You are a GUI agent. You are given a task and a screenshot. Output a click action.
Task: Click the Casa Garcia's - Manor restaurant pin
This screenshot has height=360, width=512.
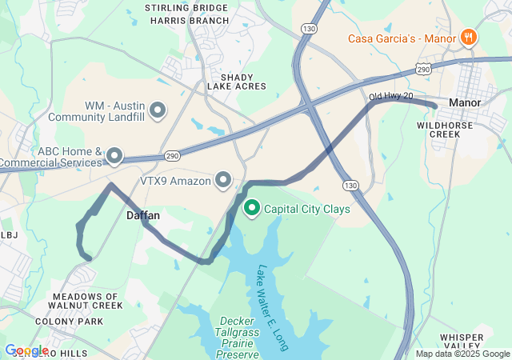(x=469, y=38)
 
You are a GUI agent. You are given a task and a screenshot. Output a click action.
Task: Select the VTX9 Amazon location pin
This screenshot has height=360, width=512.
(x=224, y=181)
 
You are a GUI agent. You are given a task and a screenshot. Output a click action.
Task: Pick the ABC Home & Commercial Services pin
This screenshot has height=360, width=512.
(x=114, y=156)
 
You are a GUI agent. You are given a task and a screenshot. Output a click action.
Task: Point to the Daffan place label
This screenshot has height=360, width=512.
(x=143, y=216)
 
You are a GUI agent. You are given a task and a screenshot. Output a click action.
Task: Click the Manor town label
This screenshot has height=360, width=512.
(x=464, y=103)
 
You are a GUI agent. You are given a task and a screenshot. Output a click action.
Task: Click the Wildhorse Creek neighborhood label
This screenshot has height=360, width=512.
(x=439, y=130)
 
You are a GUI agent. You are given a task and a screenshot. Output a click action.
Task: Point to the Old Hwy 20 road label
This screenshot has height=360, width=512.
(x=391, y=97)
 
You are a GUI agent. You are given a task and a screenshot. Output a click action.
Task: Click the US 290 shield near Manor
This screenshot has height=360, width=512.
(x=423, y=70)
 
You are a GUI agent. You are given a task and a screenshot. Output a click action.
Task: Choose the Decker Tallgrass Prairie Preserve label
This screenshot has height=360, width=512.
(x=238, y=337)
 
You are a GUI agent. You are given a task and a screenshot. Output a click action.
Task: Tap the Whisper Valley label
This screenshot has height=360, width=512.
(x=462, y=342)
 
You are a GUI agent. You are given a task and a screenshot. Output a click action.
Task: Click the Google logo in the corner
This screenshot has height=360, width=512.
(x=26, y=350)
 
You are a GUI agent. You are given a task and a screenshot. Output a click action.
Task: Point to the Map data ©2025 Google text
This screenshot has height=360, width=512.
(x=462, y=354)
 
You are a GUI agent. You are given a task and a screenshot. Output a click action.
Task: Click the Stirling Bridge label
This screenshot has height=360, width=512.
(x=186, y=7)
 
